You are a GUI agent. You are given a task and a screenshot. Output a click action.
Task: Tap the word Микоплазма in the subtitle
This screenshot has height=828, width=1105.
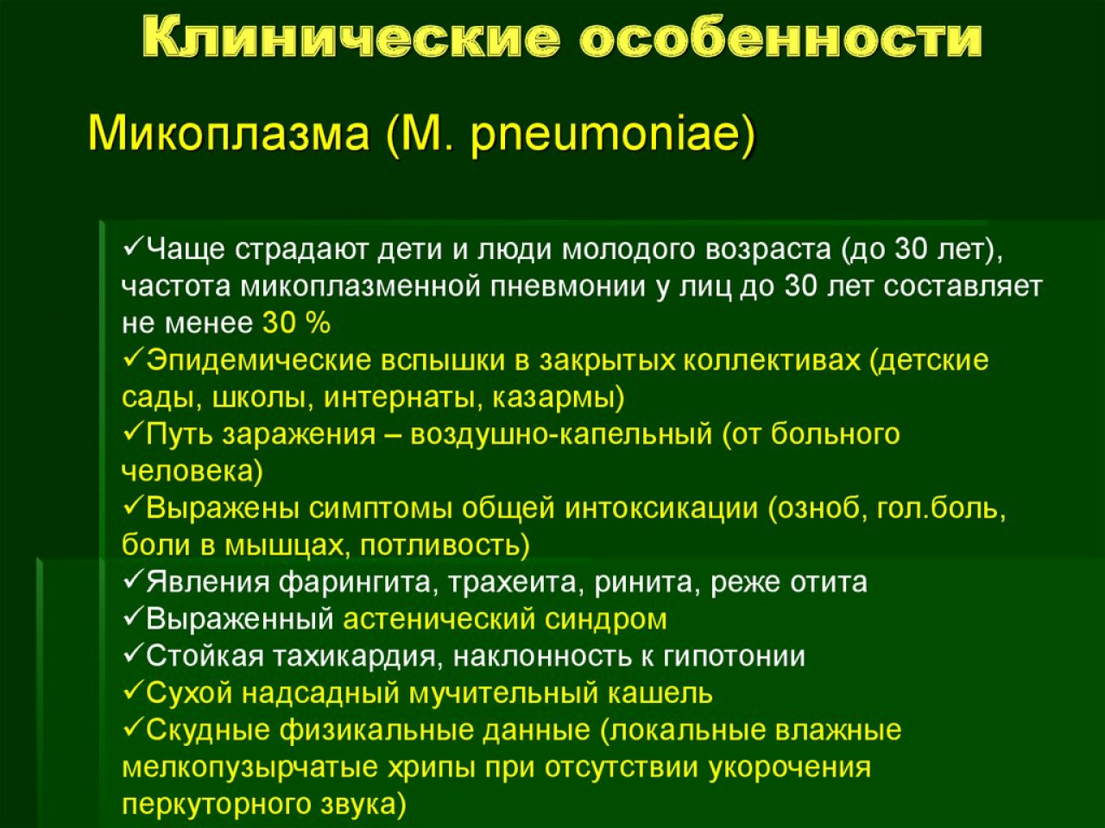[x=229, y=134]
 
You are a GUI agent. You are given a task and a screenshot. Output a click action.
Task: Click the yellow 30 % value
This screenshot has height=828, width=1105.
[x=296, y=323]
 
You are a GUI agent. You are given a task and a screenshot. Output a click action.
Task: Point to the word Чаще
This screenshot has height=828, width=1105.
[x=186, y=250]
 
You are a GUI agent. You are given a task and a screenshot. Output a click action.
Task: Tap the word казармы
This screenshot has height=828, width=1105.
[x=552, y=398]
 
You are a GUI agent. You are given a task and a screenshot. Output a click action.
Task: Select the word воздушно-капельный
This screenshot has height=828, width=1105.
[x=561, y=434]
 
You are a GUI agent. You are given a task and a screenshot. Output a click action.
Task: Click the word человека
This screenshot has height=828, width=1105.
[x=187, y=471]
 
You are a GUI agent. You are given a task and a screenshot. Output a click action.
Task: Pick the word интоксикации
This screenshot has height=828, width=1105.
[x=661, y=509]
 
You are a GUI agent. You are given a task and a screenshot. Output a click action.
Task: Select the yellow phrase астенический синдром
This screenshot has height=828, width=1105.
[x=505, y=620]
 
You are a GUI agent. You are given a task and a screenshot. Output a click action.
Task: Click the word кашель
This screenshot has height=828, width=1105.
[x=660, y=693]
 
